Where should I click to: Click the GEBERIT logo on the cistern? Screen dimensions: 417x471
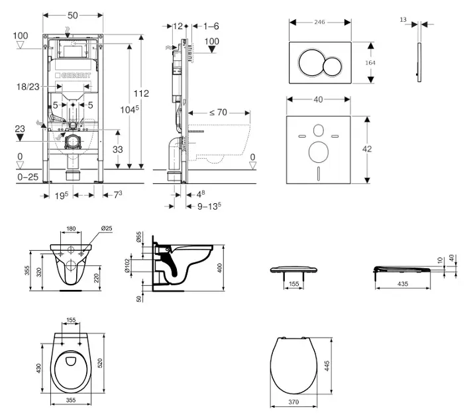click(x=73, y=76)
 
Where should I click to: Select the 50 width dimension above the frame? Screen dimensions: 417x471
click(x=73, y=13)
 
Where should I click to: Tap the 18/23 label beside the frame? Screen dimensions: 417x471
click(x=27, y=86)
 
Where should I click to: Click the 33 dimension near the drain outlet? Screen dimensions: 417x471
click(x=118, y=150)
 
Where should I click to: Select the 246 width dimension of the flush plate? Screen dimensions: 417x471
click(x=320, y=21)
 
